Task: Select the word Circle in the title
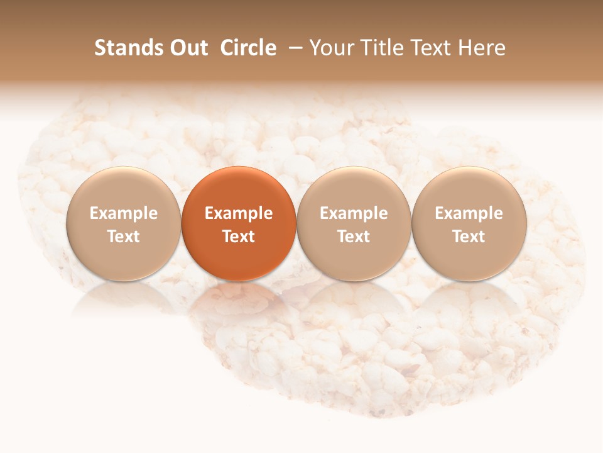click(248, 48)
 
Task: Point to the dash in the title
click(293, 48)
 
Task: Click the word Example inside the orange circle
click(239, 213)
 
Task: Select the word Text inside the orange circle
click(239, 237)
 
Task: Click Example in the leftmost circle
click(124, 213)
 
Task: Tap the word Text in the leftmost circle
click(124, 237)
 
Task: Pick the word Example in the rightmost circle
click(469, 213)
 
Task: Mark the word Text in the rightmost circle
click(469, 237)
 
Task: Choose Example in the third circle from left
click(354, 213)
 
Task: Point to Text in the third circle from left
click(354, 237)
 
